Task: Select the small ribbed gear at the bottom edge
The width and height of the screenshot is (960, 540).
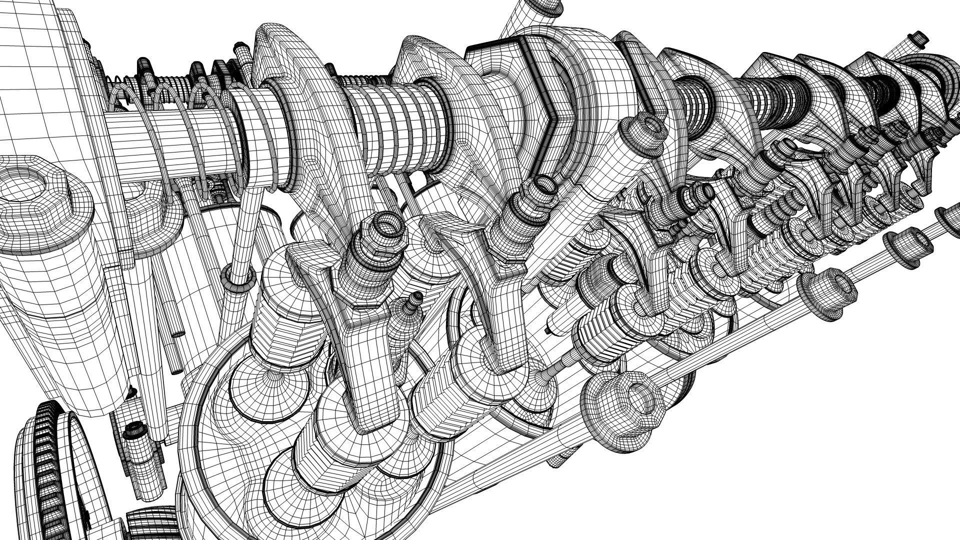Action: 150,525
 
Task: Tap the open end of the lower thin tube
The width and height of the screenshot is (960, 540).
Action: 177,370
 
